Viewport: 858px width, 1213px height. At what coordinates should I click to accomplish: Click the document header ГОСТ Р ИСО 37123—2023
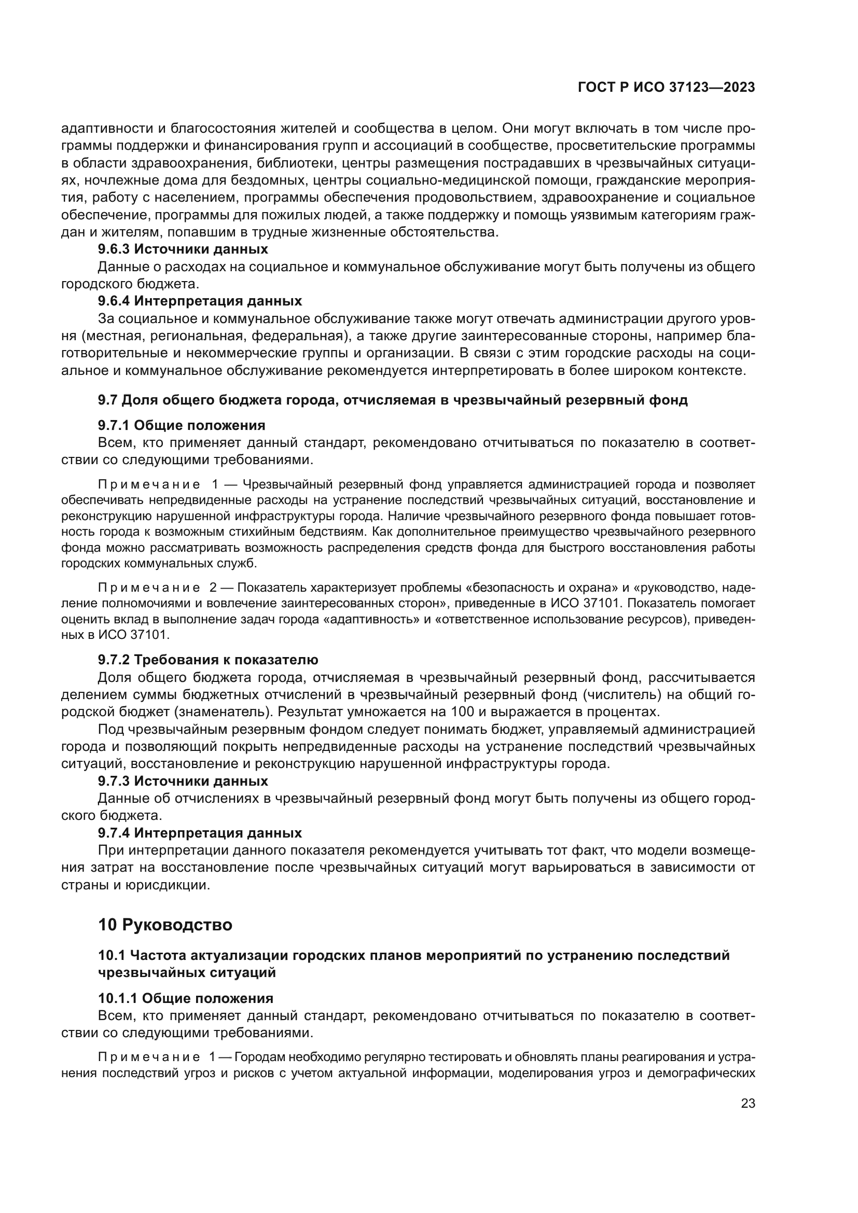[x=666, y=88]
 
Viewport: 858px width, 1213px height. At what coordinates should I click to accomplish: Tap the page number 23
[x=748, y=1103]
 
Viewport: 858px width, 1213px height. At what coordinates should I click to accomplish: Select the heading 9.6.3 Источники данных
[x=183, y=249]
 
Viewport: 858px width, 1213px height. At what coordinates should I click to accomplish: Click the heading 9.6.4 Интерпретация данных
[x=200, y=301]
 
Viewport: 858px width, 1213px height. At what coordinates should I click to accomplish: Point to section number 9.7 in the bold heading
[x=108, y=400]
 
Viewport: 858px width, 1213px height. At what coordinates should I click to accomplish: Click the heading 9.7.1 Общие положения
[x=181, y=425]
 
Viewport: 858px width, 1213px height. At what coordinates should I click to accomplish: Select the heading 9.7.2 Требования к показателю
[x=208, y=659]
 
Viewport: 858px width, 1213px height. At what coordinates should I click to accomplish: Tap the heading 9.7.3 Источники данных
[x=183, y=781]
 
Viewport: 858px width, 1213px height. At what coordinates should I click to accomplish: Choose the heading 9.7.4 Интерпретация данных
[x=200, y=833]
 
